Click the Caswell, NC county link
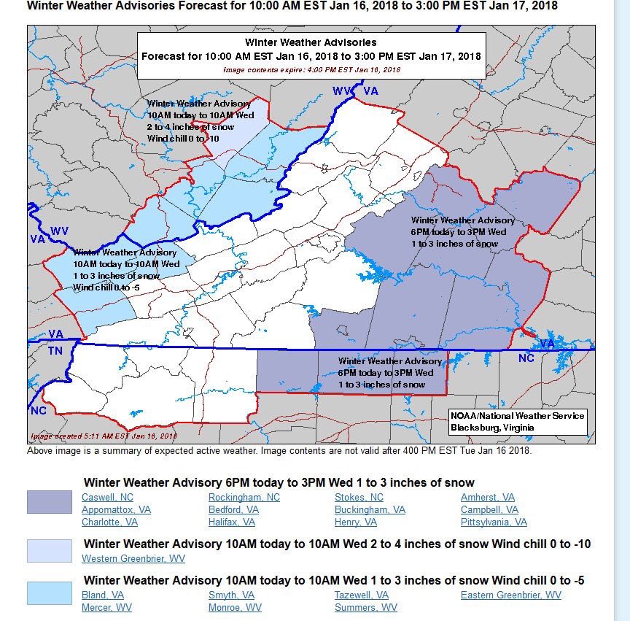pos(106,497)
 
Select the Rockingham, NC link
pos(244,497)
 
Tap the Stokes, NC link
pos(359,497)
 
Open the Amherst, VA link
pos(487,497)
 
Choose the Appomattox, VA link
pos(116,509)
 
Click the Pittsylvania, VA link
pos(494,522)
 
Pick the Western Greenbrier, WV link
pos(133,558)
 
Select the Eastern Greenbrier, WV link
pos(510,595)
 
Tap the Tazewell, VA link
pos(361,595)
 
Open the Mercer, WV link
pos(106,607)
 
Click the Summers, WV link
pos(365,607)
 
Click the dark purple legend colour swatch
pos(50,501)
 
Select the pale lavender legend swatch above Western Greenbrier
pos(50,550)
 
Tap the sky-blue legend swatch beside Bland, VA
pos(50,593)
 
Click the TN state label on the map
pos(56,350)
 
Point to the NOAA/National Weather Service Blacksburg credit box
pos(517,421)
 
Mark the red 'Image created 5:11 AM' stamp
pos(104,436)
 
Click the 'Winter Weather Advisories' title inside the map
pos(311,42)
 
